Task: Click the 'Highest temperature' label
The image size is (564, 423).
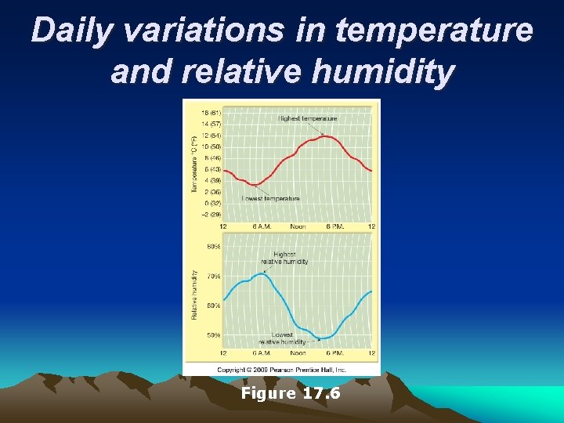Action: (x=307, y=118)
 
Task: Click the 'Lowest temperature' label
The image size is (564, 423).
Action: (x=271, y=199)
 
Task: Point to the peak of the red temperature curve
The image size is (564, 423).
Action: (x=327, y=137)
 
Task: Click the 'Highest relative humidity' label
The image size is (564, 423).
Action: (x=284, y=258)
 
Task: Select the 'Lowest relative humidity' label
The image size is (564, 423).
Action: (x=282, y=338)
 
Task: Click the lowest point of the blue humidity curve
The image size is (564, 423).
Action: (x=320, y=338)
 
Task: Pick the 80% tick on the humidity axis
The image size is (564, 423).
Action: (x=213, y=247)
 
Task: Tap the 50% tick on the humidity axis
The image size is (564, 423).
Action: (x=213, y=335)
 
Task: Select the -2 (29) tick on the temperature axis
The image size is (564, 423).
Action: (x=210, y=214)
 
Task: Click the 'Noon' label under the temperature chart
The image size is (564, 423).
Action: (x=298, y=226)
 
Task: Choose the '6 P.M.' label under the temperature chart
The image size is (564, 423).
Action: (x=335, y=226)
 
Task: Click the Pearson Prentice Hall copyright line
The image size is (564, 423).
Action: (x=282, y=369)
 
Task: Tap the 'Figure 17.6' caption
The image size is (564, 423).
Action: (x=291, y=393)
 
